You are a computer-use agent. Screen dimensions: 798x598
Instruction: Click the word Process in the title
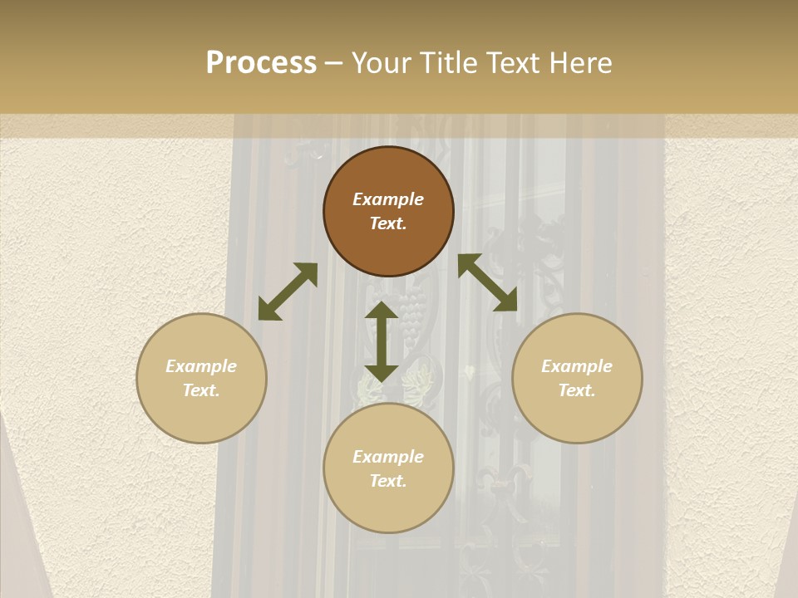coord(261,63)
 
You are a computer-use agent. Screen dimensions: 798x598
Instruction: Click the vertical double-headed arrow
coord(382,341)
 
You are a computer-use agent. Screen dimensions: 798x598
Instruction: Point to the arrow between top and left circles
coord(288,292)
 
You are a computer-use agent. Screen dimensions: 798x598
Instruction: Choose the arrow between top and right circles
coord(487,282)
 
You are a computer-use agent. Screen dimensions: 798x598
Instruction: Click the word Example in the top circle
coord(388,199)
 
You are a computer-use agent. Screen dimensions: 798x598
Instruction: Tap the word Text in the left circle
coord(201,390)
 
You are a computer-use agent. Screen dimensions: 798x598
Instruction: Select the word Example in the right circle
coord(577,366)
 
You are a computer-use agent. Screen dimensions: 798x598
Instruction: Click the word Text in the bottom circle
coord(388,481)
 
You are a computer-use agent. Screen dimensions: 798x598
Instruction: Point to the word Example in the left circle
coord(201,366)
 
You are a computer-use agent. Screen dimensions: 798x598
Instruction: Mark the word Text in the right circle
coord(577,390)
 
